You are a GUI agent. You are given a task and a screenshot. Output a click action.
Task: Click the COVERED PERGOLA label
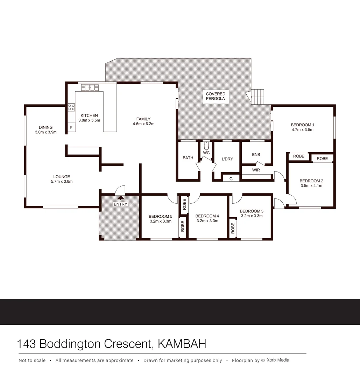(x=216, y=97)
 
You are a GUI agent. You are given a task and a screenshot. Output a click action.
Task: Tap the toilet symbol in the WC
(x=206, y=146)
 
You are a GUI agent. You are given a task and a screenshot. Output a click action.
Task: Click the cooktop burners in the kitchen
(x=71, y=107)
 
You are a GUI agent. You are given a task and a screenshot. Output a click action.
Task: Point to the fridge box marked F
(x=71, y=127)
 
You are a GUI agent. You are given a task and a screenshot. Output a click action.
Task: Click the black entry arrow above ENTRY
(x=120, y=198)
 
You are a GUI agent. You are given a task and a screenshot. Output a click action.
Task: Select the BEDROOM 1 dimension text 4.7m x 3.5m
(x=302, y=130)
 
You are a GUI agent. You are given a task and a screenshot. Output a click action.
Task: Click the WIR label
(x=256, y=170)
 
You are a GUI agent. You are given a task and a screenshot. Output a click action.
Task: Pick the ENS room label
(x=256, y=155)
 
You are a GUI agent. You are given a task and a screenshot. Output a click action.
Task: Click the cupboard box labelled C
(x=231, y=178)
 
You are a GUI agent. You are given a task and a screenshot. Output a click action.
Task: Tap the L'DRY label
(x=227, y=159)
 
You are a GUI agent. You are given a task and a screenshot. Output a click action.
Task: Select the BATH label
(x=188, y=158)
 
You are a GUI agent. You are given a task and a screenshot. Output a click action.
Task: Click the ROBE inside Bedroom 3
(x=233, y=228)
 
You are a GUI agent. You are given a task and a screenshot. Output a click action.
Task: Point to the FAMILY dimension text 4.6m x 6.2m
(x=143, y=124)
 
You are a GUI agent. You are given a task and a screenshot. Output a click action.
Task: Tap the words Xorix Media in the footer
(x=278, y=360)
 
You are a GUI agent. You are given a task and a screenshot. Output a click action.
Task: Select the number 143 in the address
(x=27, y=344)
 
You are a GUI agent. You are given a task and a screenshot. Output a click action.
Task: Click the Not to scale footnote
(x=32, y=360)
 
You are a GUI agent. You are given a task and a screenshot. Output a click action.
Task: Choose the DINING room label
(x=45, y=127)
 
